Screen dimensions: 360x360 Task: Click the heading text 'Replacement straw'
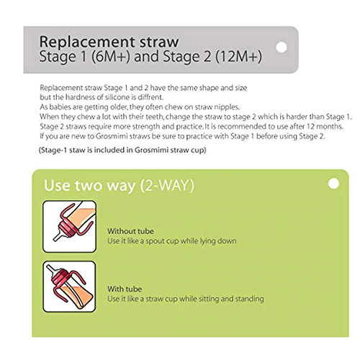[x=109, y=40]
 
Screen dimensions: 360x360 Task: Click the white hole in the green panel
[x=333, y=184]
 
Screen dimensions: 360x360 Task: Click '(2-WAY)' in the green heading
[x=167, y=185]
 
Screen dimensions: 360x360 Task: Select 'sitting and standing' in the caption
[x=229, y=298]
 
